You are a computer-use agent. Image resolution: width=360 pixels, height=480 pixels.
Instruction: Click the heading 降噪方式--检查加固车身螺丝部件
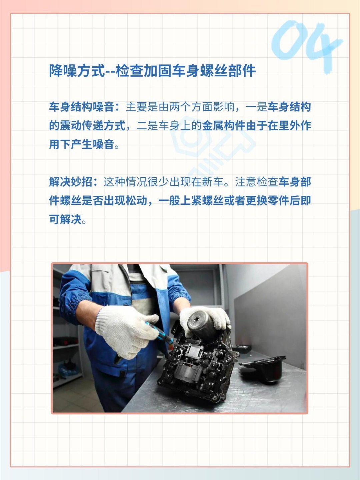click(x=152, y=71)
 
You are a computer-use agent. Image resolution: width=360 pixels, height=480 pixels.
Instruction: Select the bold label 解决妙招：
click(x=74, y=182)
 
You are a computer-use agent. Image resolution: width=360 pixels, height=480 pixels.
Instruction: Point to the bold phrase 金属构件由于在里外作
click(x=256, y=126)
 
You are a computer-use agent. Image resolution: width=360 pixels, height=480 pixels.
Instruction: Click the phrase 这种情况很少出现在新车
click(x=163, y=182)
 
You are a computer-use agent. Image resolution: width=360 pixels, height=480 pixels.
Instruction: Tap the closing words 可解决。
click(x=68, y=219)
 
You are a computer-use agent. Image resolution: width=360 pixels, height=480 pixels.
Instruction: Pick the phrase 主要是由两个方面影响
click(x=180, y=107)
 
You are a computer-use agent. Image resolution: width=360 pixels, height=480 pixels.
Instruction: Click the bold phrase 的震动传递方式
click(x=87, y=126)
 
